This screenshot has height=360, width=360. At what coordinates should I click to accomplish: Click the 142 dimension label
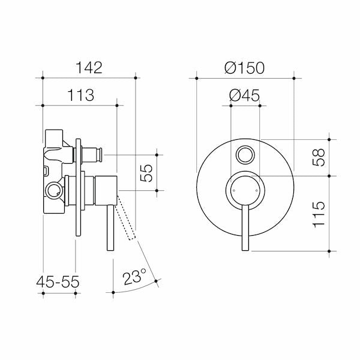point(89,67)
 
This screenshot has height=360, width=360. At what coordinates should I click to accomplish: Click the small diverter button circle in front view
point(245,155)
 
